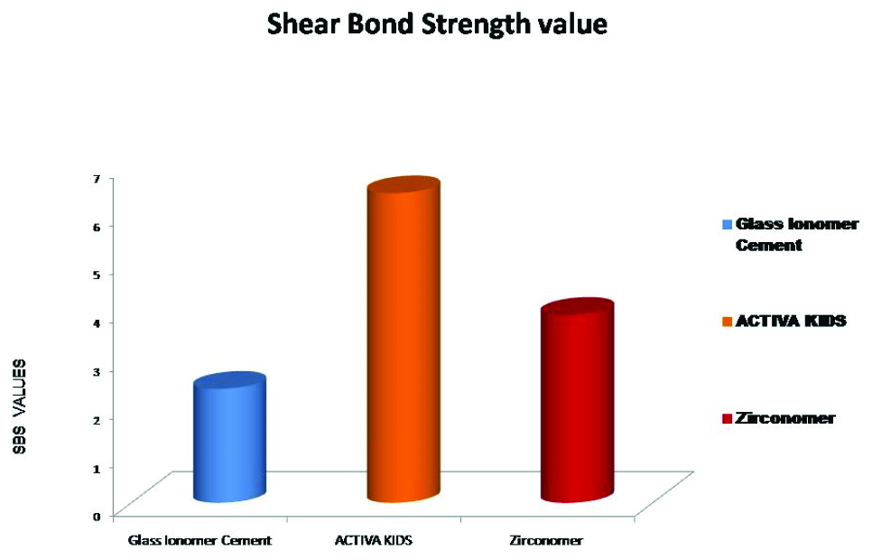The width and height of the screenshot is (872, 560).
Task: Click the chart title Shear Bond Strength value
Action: pos(437,25)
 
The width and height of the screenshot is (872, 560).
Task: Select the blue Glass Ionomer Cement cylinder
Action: pos(229,437)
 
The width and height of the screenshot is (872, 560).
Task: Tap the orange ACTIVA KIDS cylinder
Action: pos(404,341)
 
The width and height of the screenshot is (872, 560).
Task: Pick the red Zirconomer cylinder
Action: pos(578,400)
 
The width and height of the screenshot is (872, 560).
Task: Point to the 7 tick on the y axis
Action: pos(97,178)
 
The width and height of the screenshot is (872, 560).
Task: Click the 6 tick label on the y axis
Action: pos(97,227)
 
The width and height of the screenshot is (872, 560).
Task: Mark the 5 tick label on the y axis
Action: pos(97,275)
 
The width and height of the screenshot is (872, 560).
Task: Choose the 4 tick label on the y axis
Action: pos(97,322)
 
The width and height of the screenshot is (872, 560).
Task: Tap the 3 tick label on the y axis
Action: pos(97,371)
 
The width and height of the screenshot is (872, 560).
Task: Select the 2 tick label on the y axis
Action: pos(97,419)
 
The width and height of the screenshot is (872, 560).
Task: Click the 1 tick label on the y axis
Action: pos(97,468)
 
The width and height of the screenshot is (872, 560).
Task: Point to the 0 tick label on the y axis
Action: pos(97,516)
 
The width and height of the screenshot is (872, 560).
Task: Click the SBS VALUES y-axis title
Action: pos(20,407)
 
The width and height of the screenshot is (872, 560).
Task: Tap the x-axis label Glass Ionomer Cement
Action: pos(199,540)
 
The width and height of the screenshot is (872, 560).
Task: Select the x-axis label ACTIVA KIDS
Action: pos(374,540)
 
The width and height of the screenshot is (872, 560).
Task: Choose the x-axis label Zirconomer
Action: pos(546,540)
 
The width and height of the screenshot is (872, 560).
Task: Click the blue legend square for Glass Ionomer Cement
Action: pos(727,224)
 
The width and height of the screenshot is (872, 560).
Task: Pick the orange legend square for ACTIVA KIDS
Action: pos(727,322)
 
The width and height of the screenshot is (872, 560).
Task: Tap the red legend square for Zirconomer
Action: pos(727,418)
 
